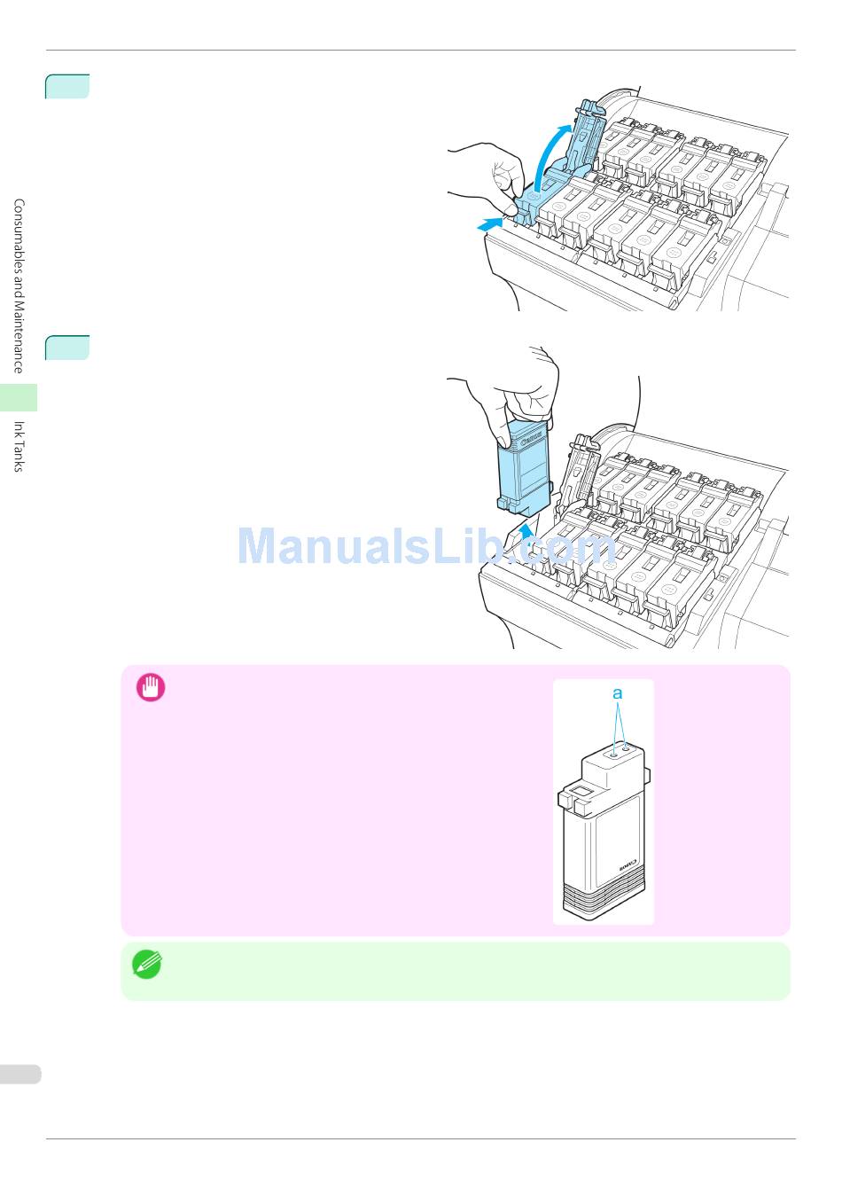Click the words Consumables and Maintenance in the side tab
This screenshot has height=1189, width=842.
pyautogui.click(x=19, y=286)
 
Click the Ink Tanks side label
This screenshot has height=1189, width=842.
pyautogui.click(x=19, y=446)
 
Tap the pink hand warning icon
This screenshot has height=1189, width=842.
pyautogui.click(x=151, y=688)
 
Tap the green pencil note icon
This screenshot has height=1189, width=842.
pyautogui.click(x=147, y=964)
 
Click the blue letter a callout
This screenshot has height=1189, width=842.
pyautogui.click(x=618, y=693)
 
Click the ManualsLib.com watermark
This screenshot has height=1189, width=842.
pyautogui.click(x=425, y=546)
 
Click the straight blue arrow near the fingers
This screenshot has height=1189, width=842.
pyautogui.click(x=488, y=225)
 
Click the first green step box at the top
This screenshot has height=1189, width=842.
pyautogui.click(x=67, y=87)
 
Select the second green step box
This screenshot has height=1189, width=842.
pyautogui.click(x=67, y=348)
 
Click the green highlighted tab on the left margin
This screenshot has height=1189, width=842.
pyautogui.click(x=19, y=397)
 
